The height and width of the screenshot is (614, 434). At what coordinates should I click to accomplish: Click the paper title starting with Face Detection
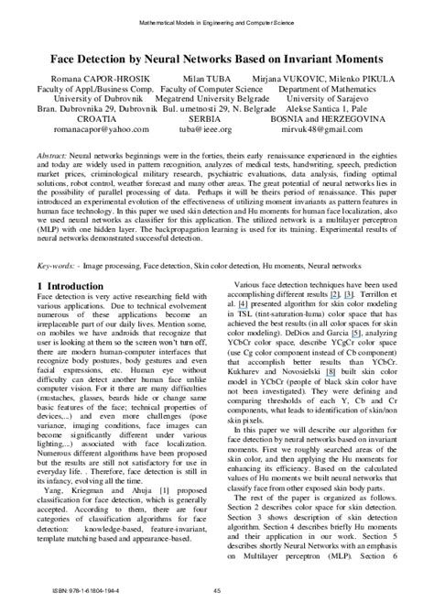[217, 57]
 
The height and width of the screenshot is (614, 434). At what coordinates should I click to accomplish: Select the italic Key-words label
[57, 265]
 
